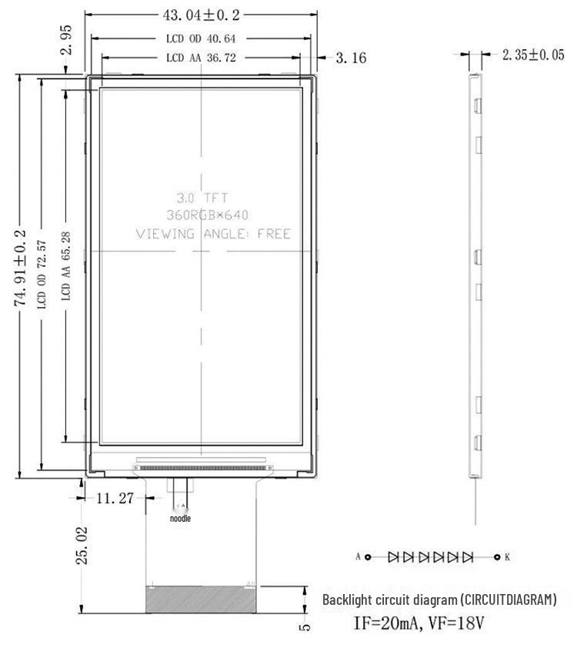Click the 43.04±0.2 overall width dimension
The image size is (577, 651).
point(202,15)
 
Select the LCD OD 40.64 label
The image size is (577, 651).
point(201,38)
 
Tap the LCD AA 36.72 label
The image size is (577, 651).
point(201,58)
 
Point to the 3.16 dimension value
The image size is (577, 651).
point(351,58)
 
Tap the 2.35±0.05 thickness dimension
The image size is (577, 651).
point(532,55)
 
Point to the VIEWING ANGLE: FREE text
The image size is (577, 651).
point(213,234)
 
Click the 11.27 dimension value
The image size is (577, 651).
point(115,498)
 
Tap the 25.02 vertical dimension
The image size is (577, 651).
point(83,545)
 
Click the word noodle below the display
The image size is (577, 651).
point(180,519)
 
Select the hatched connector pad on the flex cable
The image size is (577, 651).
point(202,599)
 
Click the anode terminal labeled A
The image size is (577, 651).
point(368,556)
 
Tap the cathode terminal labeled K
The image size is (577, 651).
point(498,556)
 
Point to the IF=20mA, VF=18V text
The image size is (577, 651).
point(419,622)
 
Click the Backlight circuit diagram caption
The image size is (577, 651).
point(439,599)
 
